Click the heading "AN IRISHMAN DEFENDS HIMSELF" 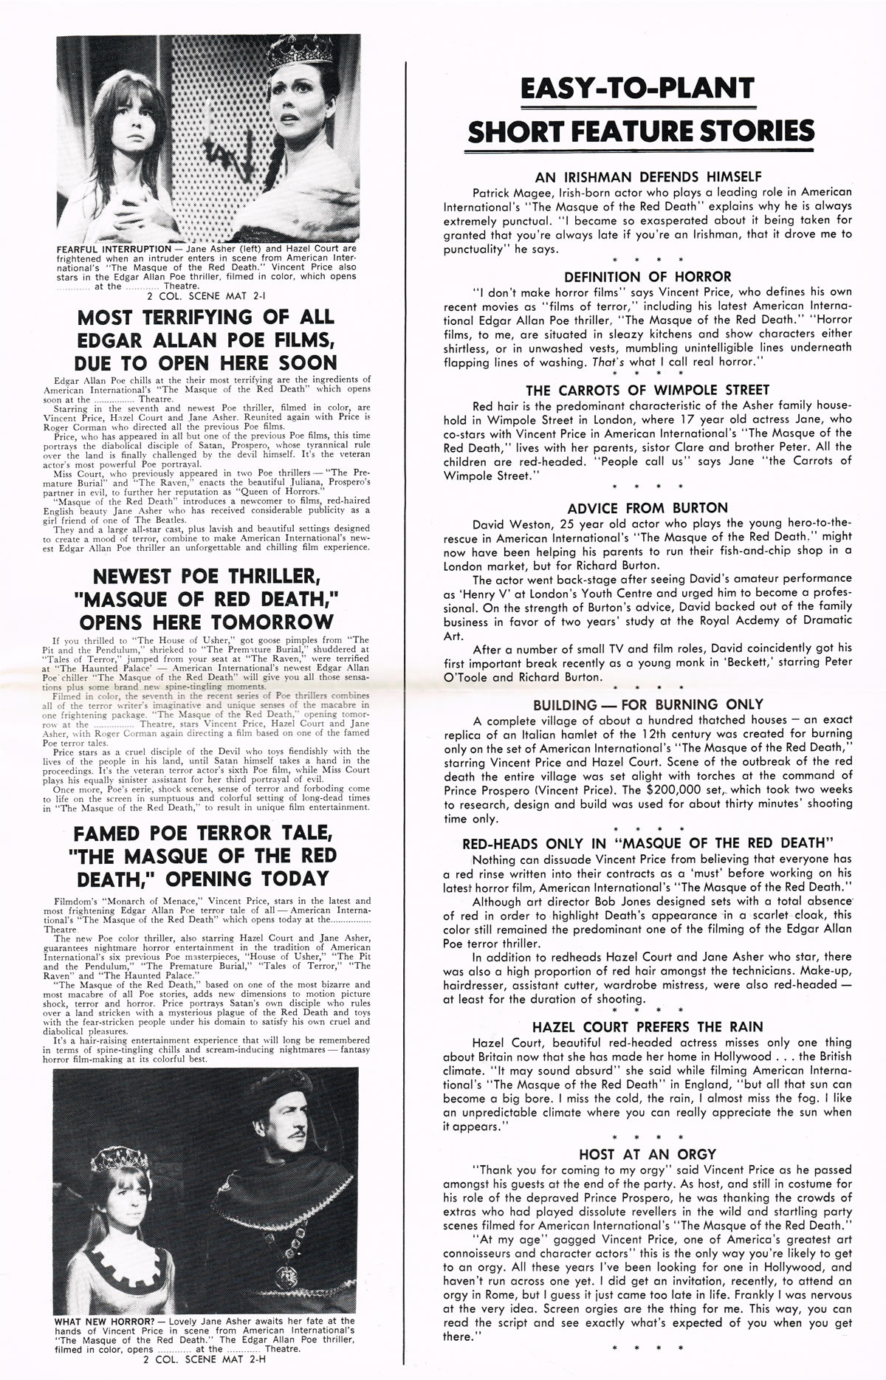pos(648,177)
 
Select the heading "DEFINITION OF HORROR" pos(648,277)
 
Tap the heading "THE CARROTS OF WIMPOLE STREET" pos(648,390)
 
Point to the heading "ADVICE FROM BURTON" pos(648,508)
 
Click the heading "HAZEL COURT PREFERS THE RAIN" pos(648,1027)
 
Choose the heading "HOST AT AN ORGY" pos(648,1154)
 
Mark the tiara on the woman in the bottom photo pos(118,1159)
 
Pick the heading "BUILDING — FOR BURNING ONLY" pos(648,704)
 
